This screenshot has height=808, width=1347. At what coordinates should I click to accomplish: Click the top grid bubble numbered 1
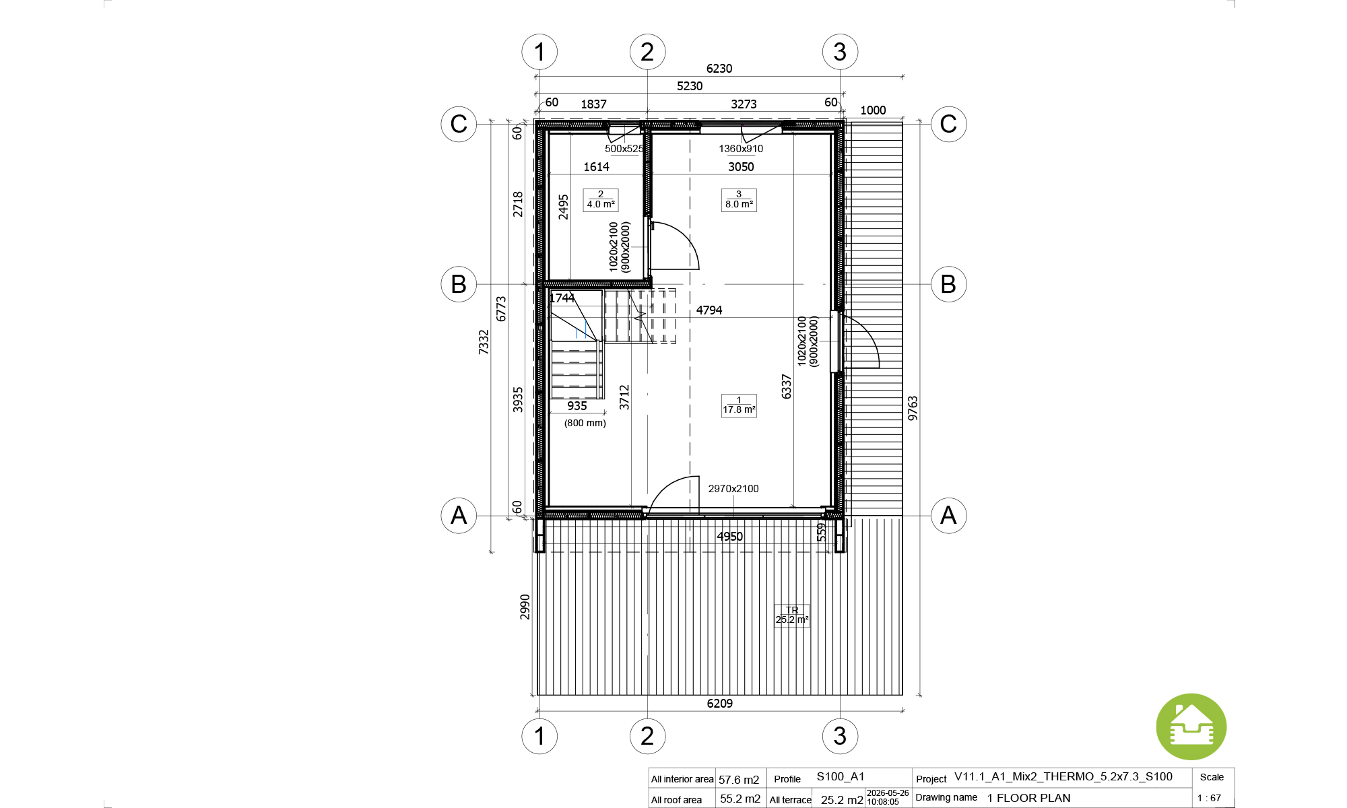(x=539, y=52)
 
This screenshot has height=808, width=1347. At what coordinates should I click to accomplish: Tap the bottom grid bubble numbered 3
(x=840, y=736)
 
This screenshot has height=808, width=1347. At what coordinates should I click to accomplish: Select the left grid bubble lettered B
(x=459, y=284)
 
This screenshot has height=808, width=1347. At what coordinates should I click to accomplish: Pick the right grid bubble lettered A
(x=948, y=515)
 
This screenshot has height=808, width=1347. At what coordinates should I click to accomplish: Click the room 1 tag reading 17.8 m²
(x=739, y=405)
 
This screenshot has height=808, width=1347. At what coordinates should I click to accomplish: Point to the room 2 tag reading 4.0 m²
(x=601, y=200)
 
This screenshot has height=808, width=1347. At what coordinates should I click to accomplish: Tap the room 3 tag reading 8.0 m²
(x=739, y=200)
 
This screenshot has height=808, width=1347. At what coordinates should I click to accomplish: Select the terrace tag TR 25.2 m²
(x=792, y=615)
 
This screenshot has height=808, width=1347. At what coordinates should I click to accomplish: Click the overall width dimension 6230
(x=719, y=69)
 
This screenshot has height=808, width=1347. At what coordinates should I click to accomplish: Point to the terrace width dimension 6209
(x=720, y=704)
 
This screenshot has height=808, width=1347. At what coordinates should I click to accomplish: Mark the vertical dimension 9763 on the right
(x=913, y=409)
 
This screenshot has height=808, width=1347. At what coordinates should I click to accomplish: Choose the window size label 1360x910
(x=741, y=149)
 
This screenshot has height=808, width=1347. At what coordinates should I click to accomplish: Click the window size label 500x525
(x=624, y=149)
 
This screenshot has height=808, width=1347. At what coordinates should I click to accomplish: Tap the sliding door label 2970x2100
(x=733, y=489)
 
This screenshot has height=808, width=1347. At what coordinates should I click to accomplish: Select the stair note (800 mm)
(x=585, y=423)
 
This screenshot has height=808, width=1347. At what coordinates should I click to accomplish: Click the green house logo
(x=1191, y=727)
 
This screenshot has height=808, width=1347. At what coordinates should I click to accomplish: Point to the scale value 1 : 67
(x=1209, y=798)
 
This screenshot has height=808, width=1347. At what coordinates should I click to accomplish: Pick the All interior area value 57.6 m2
(x=739, y=780)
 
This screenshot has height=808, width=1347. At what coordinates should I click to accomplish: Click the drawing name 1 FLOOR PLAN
(x=1029, y=798)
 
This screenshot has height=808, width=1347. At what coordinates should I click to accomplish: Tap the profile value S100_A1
(x=841, y=776)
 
